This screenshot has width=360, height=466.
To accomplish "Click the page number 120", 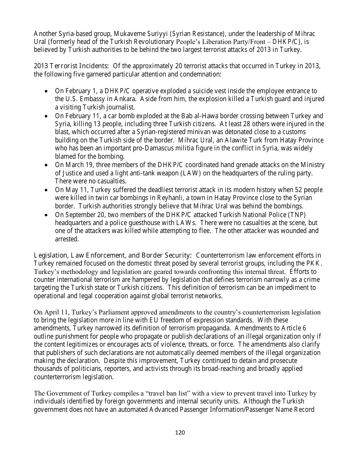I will coord(180,433).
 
